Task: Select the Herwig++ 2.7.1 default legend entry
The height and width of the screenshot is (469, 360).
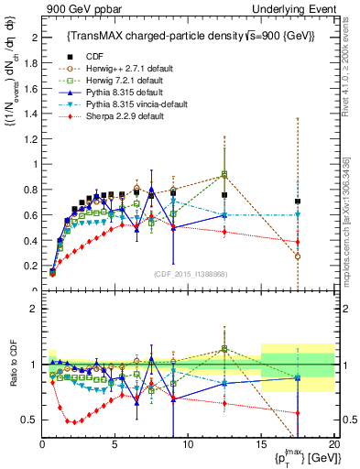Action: pyautogui.click(x=116, y=67)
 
